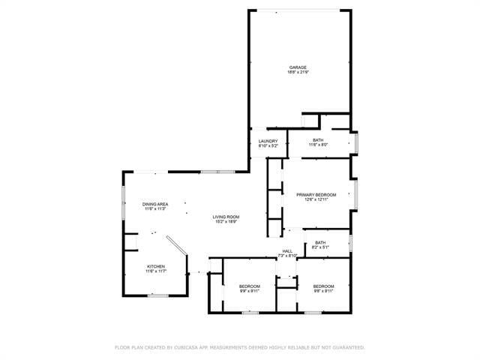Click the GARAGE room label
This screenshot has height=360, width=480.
click(x=298, y=67)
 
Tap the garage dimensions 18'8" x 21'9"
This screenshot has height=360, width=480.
click(x=298, y=73)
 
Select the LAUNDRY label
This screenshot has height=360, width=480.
click(x=268, y=140)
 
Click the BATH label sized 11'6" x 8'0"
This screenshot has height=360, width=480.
click(x=318, y=140)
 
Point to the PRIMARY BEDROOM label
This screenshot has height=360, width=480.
click(x=316, y=194)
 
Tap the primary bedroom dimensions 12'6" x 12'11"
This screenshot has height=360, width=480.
click(x=316, y=199)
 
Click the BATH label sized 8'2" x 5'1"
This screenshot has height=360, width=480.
click(x=320, y=242)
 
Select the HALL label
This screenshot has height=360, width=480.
click(x=287, y=251)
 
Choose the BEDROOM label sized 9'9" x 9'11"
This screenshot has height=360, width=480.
click(x=250, y=286)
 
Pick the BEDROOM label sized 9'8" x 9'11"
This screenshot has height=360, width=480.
click(x=323, y=286)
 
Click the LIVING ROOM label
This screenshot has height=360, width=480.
click(x=226, y=217)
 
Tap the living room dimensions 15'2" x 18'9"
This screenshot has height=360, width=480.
click(x=226, y=222)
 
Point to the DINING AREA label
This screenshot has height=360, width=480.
click(x=155, y=204)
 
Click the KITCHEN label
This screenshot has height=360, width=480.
click(x=156, y=266)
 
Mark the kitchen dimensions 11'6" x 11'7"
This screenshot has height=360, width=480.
click(x=156, y=271)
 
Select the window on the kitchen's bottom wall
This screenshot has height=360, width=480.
click(x=157, y=296)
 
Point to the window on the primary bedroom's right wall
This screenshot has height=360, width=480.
click(x=355, y=192)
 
